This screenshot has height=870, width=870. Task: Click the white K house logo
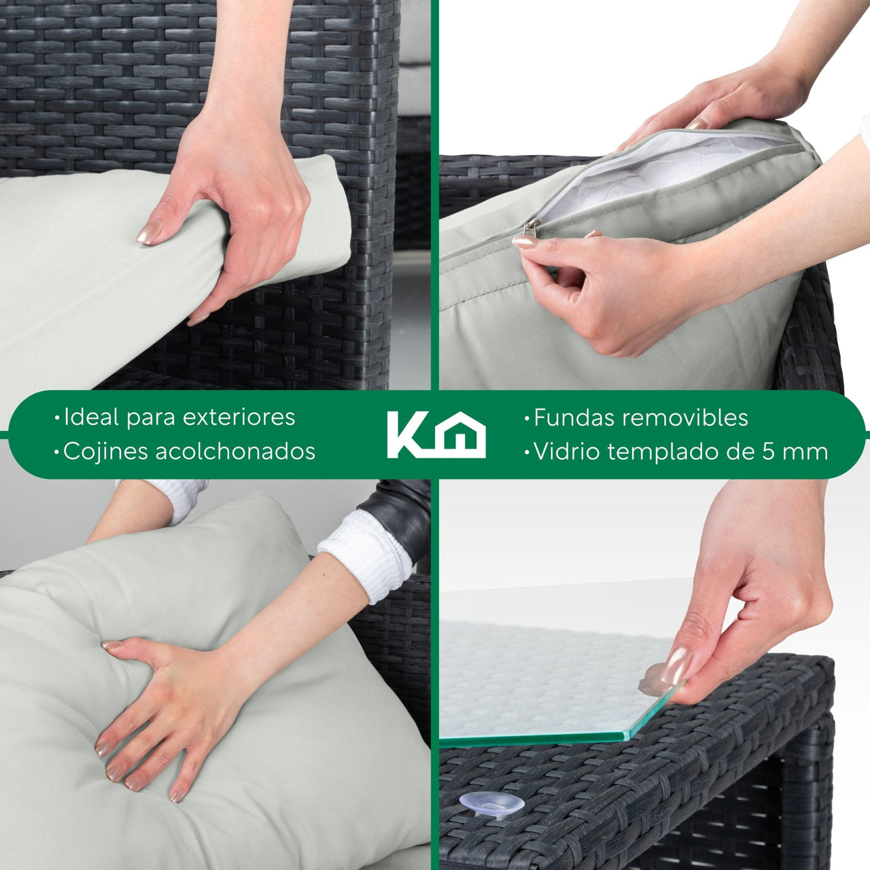click(x=436, y=435)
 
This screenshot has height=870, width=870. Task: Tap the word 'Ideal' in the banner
click(x=92, y=417)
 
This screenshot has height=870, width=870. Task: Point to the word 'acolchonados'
click(x=235, y=451)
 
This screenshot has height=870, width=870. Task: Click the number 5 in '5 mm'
click(x=769, y=452)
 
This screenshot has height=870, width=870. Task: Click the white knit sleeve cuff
click(x=366, y=556)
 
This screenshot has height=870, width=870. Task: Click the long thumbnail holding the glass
click(x=675, y=665)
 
